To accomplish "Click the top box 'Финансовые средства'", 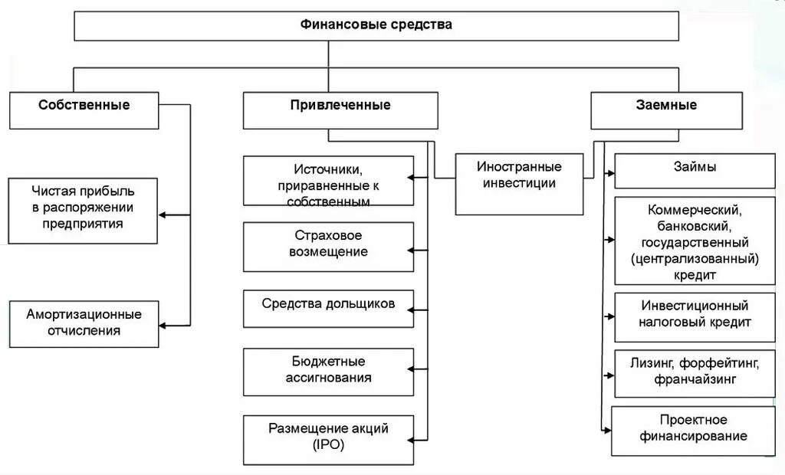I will [376, 25].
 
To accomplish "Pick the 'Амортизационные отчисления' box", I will [84, 323].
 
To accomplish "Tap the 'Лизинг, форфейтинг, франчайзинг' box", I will [695, 373].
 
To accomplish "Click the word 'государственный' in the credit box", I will [695, 242].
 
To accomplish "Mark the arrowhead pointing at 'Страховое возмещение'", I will [411, 250].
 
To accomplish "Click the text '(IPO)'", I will [329, 445].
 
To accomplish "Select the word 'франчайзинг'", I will [695, 379].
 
